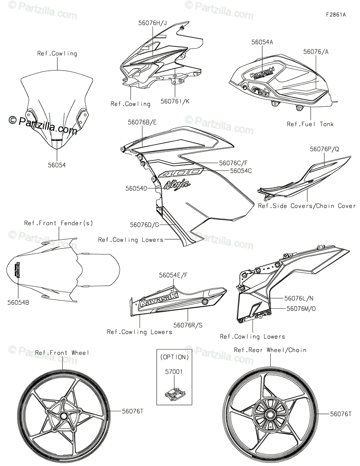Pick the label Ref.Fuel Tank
310,124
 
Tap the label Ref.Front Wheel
62,353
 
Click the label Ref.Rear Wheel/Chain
270,350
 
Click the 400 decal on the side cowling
182,173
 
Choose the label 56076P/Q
324,149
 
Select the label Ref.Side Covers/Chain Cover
306,206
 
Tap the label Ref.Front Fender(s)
59,223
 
